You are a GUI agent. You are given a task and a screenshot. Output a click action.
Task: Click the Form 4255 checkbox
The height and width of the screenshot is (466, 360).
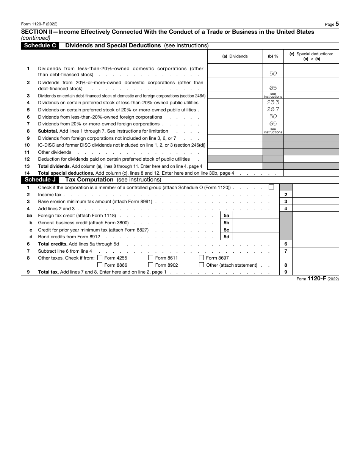click(x=100, y=258)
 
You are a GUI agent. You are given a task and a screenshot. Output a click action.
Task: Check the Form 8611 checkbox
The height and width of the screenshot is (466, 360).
click(x=151, y=258)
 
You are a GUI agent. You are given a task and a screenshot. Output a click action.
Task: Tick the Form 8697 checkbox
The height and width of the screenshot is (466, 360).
click(x=202, y=258)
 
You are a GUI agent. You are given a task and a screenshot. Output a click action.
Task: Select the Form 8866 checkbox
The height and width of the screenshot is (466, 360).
click(x=100, y=265)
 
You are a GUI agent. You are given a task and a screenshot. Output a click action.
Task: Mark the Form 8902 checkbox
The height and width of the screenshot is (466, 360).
click(x=151, y=265)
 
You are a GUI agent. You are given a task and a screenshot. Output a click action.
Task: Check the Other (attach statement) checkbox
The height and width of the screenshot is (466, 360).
click(x=202, y=265)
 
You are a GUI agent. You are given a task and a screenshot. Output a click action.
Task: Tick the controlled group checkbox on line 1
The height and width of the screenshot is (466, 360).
click(x=271, y=187)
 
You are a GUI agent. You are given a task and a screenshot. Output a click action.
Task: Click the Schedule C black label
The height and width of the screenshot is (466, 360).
click(x=40, y=45)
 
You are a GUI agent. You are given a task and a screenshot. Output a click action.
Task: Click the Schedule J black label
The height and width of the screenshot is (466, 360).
click(x=40, y=180)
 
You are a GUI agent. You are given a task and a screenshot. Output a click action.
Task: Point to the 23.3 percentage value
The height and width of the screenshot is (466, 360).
click(x=273, y=102)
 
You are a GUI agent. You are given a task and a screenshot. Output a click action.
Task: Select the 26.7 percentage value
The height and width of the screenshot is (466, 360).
click(x=273, y=109)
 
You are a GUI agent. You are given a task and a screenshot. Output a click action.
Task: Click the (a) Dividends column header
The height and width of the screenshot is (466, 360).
click(x=235, y=56)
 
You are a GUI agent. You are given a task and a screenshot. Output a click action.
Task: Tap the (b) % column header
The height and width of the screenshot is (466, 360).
click(x=273, y=56)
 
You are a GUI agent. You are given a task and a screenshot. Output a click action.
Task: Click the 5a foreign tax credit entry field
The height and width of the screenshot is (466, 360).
click(x=256, y=216)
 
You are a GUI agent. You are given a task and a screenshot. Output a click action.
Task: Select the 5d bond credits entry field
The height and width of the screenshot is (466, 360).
click(x=256, y=237)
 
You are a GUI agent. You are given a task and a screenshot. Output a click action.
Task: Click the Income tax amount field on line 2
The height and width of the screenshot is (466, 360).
click(x=316, y=194)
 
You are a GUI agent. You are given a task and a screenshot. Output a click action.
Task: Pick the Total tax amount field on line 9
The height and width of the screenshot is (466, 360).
click(x=316, y=272)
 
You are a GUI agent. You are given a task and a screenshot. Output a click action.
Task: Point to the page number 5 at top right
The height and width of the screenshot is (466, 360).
click(x=337, y=24)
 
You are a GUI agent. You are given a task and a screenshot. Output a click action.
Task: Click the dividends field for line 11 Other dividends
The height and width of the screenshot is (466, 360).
click(x=235, y=152)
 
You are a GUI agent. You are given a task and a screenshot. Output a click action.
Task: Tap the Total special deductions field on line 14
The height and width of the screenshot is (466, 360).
click(x=311, y=173)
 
